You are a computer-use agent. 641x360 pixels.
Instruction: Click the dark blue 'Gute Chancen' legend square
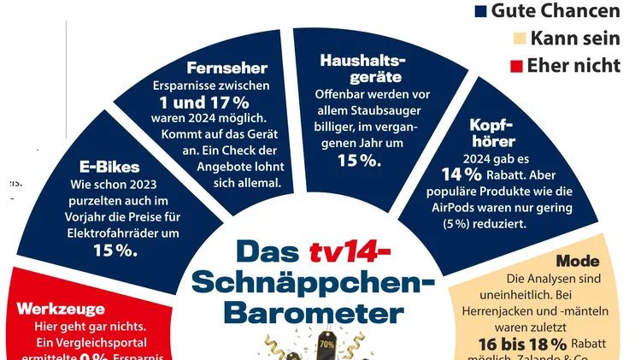(480, 12)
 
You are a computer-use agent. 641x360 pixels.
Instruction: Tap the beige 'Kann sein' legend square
(518, 38)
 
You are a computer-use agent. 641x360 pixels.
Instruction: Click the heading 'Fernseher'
(227, 68)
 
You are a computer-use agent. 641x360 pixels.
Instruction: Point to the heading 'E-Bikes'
(109, 167)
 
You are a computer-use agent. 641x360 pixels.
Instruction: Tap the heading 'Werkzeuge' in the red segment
(61, 309)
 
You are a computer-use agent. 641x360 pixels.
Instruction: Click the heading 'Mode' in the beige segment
(578, 261)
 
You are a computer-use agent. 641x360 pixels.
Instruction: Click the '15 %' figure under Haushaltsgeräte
(360, 159)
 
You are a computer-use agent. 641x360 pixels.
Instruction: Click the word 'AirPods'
(454, 208)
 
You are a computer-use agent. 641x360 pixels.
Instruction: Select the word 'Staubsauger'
(373, 109)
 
